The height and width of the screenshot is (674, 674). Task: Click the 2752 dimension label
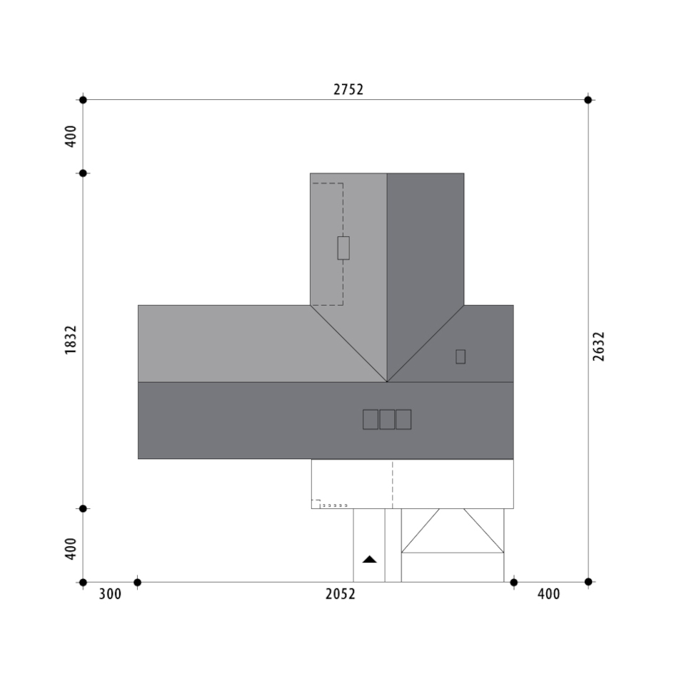click(x=348, y=89)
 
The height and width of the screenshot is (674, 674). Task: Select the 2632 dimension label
click(x=598, y=346)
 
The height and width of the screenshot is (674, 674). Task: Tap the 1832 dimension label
click(x=71, y=340)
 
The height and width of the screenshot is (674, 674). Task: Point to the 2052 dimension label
click(x=341, y=594)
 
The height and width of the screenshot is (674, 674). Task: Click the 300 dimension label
click(x=110, y=594)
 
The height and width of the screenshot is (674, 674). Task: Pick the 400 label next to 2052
click(x=548, y=594)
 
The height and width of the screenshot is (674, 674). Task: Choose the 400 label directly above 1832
click(x=71, y=136)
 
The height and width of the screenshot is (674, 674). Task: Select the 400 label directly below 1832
click(x=71, y=549)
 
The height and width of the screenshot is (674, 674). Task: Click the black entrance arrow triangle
click(x=370, y=559)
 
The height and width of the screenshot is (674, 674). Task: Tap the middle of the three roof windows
click(x=387, y=420)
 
